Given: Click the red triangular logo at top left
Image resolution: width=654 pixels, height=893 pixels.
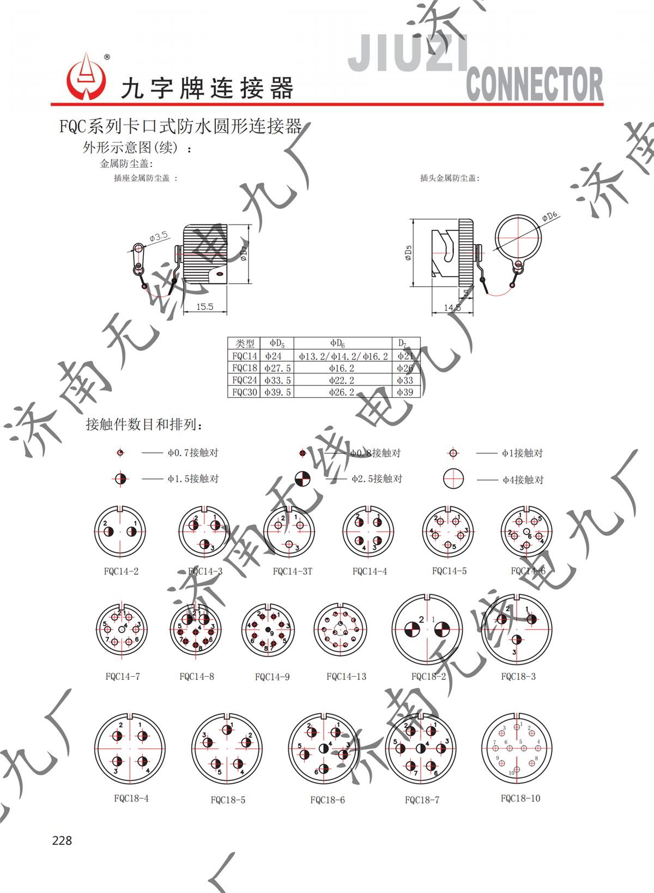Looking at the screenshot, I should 86,78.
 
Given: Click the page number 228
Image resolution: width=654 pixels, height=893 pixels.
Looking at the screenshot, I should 62,840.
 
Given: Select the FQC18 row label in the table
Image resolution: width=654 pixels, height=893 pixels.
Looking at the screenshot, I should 244,368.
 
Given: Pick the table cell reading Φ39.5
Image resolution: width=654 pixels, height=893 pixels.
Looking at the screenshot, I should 277,392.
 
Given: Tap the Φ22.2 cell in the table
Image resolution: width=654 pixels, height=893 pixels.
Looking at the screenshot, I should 342,380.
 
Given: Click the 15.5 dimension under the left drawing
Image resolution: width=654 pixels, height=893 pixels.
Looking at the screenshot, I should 204,307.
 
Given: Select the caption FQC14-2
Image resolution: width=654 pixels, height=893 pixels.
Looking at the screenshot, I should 121,571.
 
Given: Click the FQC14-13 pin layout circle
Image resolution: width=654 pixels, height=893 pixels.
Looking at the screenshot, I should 341,630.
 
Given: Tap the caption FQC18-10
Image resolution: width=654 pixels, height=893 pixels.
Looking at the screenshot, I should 520,798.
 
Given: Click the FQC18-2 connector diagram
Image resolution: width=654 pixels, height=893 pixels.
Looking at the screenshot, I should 427,630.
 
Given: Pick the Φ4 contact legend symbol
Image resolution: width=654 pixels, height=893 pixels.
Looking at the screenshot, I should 453,479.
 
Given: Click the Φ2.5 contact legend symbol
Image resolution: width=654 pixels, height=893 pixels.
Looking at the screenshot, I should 302,479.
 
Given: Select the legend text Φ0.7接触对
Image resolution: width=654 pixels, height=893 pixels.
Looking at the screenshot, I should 193,453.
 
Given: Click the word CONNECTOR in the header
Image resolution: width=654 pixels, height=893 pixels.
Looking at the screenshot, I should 534,84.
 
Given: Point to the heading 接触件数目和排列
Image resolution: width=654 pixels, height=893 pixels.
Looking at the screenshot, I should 144,424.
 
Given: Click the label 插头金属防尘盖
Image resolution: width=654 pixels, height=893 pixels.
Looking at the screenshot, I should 450,178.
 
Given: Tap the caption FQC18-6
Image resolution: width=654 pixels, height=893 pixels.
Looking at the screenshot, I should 328,800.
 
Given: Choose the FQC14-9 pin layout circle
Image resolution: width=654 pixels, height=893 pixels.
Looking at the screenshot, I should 268,630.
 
